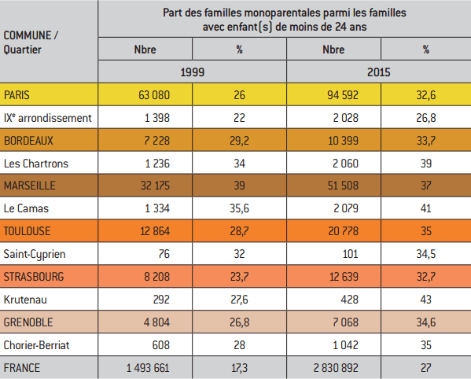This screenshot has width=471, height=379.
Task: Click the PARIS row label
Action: pyautogui.click(x=17, y=95)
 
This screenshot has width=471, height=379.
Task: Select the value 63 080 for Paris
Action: pyautogui.click(x=154, y=95)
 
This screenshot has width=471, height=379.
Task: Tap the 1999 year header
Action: pyautogui.click(x=192, y=72)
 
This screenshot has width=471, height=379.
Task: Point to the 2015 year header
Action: pyautogui.click(x=379, y=72)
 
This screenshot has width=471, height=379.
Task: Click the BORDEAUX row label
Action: pyautogui.click(x=28, y=141)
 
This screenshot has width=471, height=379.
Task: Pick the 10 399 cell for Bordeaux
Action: pyautogui.click(x=343, y=141)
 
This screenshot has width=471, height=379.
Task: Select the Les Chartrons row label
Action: pyautogui.click(x=36, y=164)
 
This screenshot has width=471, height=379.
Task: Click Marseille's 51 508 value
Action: pyautogui.click(x=343, y=186)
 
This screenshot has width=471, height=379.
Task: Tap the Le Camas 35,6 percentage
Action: pyautogui.click(x=239, y=208)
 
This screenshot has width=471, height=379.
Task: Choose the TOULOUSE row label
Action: pyautogui.click(x=27, y=231)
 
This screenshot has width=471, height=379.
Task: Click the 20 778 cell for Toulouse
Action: pyautogui.click(x=344, y=231)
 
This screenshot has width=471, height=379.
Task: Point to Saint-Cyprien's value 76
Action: pyautogui.click(x=164, y=254)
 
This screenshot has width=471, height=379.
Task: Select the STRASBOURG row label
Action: pyautogui.click(x=34, y=277)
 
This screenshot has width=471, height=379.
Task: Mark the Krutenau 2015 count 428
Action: pyautogui.click(x=350, y=300)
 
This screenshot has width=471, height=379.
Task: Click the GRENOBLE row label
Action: pyautogui.click(x=28, y=322)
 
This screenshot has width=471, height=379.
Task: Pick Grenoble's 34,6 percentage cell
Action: pyautogui.click(x=426, y=322)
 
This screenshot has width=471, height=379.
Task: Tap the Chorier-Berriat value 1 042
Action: pyautogui.click(x=345, y=345)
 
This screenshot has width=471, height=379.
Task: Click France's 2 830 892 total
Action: pyautogui.click(x=336, y=368)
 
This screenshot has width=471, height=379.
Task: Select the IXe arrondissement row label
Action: pyautogui.click(x=47, y=118)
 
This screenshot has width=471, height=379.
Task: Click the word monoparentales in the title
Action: pyautogui.click(x=281, y=13)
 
